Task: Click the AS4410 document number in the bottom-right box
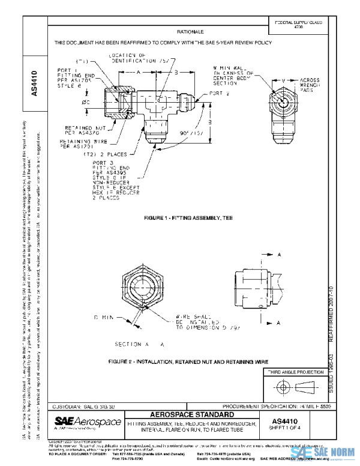(x=297, y=422)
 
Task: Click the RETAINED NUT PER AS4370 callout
(x=83, y=131)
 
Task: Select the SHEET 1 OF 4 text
(x=297, y=430)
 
